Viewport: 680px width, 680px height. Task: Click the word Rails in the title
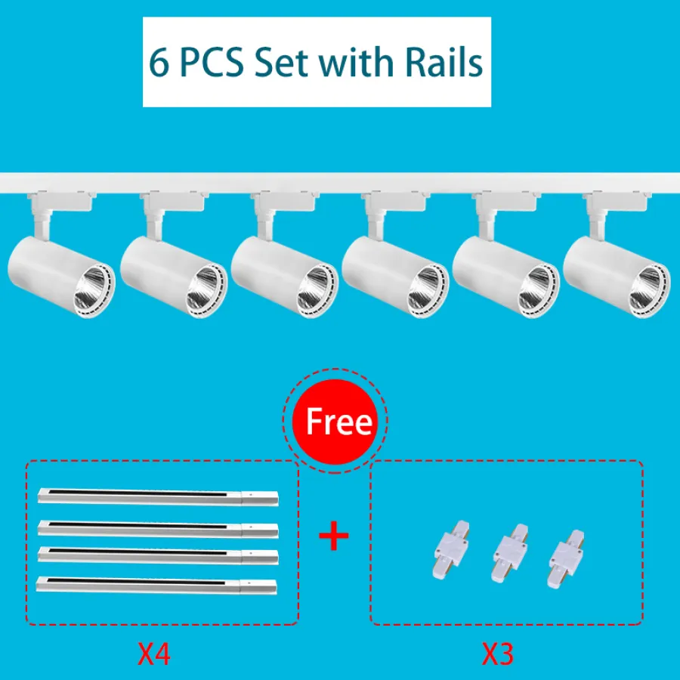[444, 62]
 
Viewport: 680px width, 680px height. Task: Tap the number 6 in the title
[159, 63]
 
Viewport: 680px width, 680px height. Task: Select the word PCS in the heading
[212, 63]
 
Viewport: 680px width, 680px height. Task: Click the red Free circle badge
[335, 421]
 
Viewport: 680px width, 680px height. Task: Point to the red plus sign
[333, 536]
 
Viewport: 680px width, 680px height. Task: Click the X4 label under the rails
[154, 654]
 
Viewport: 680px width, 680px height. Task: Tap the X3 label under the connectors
[498, 654]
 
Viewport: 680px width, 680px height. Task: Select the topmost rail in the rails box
[158, 496]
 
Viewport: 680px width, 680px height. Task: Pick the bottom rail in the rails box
[156, 585]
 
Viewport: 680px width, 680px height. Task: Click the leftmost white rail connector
[452, 550]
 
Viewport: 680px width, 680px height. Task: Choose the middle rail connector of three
[509, 553]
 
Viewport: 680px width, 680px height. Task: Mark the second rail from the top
[158, 529]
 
